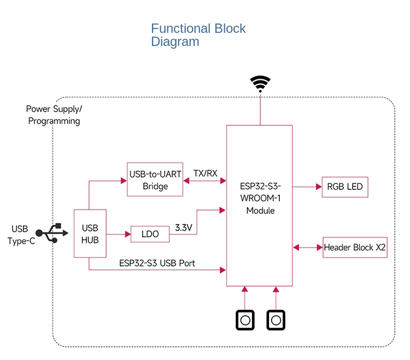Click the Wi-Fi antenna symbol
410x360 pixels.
click(x=260, y=83)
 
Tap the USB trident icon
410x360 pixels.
click(x=52, y=233)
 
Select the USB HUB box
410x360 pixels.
click(x=90, y=233)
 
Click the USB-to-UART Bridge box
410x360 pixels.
click(x=155, y=179)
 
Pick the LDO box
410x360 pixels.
click(x=150, y=234)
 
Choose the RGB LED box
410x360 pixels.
click(x=345, y=187)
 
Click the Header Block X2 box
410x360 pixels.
click(x=355, y=247)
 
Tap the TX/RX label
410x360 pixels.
click(x=205, y=173)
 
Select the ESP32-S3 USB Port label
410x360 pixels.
click(x=157, y=263)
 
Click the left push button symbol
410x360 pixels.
click(x=245, y=320)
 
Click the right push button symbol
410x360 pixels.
click(x=276, y=320)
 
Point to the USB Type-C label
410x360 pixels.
click(x=21, y=234)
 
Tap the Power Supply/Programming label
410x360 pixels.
click(x=54, y=115)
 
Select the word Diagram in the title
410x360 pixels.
click(x=175, y=42)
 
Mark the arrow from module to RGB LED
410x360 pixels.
click(x=307, y=187)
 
